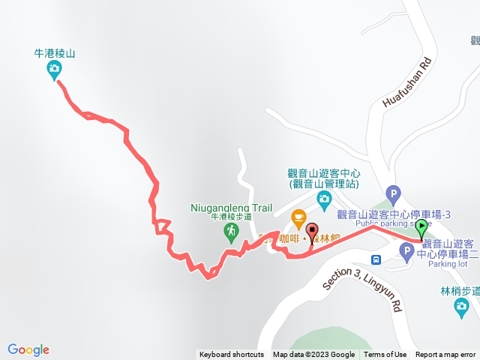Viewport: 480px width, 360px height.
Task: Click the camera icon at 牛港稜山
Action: (x=54, y=70)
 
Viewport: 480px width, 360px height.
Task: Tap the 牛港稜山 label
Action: (x=55, y=54)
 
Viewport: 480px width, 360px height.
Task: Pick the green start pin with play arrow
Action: (x=422, y=227)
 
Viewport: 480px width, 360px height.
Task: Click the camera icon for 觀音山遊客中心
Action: (x=324, y=199)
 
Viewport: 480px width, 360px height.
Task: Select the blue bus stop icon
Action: (x=376, y=259)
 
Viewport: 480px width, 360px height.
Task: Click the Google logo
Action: (x=28, y=349)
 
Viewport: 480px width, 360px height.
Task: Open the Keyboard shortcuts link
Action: (x=232, y=355)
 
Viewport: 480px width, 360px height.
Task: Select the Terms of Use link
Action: (x=385, y=355)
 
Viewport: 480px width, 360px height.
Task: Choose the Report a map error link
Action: (x=446, y=355)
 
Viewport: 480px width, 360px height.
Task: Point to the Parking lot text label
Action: (x=448, y=264)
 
